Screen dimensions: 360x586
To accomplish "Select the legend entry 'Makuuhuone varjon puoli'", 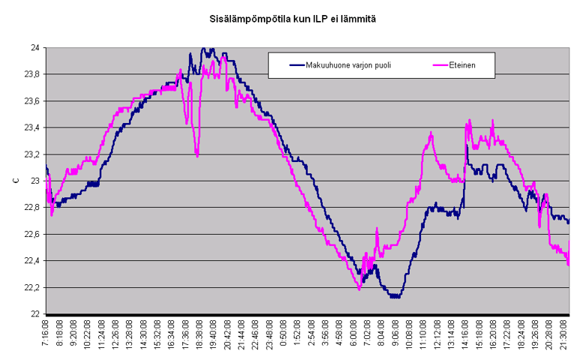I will (x=351, y=65).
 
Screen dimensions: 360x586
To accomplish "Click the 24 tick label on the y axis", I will (x=34, y=48).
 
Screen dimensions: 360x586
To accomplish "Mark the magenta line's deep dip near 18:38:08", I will (x=197, y=155).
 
